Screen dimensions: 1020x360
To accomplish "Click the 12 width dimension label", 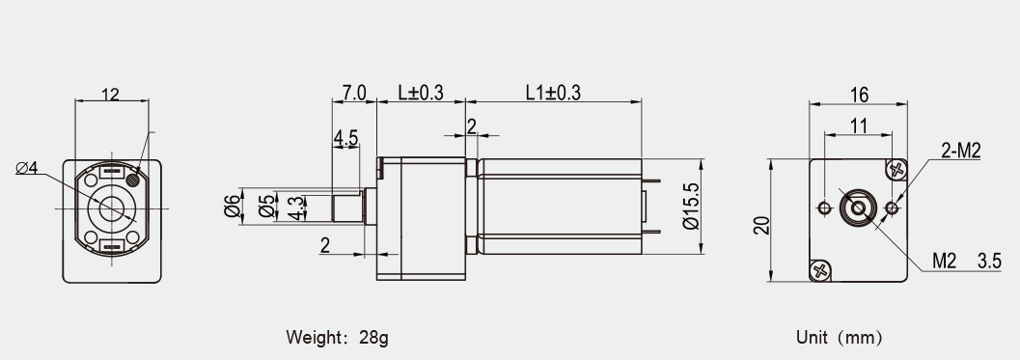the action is [x=111, y=95].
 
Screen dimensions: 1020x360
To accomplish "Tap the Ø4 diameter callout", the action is [x=27, y=168].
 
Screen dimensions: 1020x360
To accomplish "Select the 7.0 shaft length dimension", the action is [x=354, y=93].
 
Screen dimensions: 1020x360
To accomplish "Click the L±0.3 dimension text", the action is [x=421, y=93].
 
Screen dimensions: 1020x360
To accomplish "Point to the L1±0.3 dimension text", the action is [x=553, y=93].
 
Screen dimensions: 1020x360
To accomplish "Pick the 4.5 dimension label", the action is [x=345, y=138].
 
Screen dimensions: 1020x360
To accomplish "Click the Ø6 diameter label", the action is [x=233, y=207].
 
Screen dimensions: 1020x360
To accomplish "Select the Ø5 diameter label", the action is [x=266, y=207].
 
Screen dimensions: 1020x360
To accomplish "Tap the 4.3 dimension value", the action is [x=296, y=207].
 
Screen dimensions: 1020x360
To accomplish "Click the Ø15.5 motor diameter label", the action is [x=692, y=207].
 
